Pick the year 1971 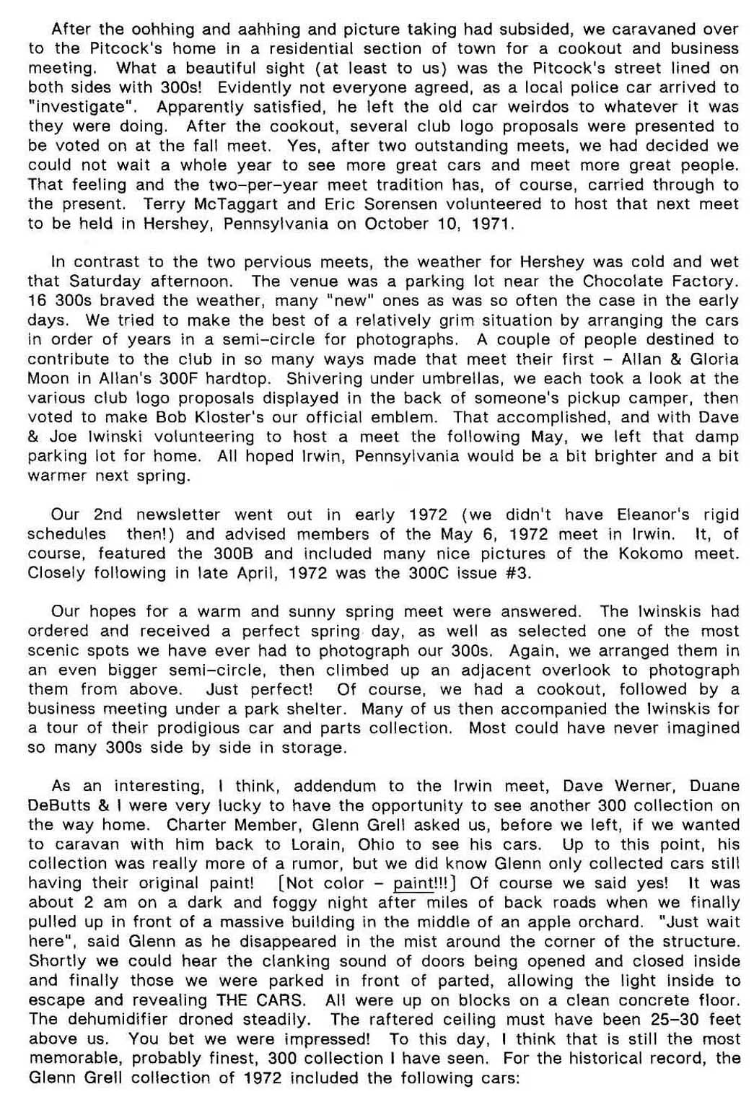[491, 224]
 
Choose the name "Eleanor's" [653, 515]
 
